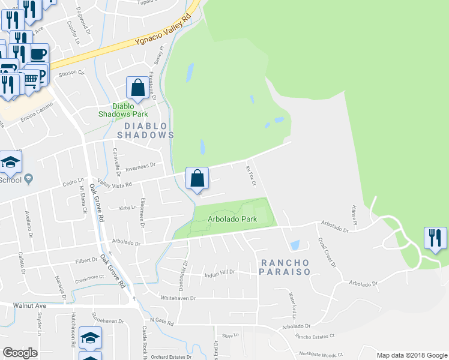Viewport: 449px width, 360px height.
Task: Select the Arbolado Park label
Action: (232, 219)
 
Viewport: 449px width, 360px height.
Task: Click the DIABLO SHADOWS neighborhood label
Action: (145, 130)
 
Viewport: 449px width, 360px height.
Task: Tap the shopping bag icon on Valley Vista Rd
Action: (197, 178)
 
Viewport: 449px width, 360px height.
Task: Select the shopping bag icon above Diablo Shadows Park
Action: (137, 88)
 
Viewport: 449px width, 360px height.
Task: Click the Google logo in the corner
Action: (20, 353)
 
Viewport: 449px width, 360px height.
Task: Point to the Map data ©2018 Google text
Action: (412, 355)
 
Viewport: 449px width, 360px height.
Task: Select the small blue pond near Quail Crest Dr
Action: (294, 245)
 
